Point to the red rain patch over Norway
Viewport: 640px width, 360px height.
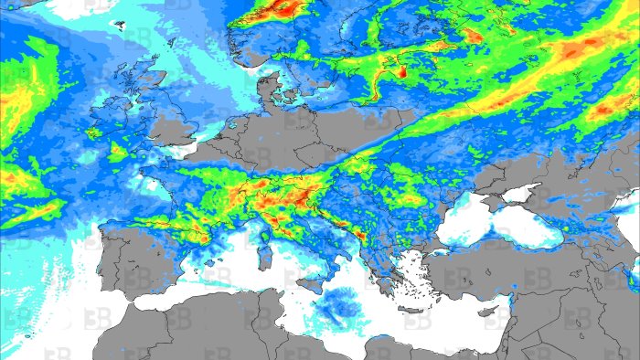click(283, 10)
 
